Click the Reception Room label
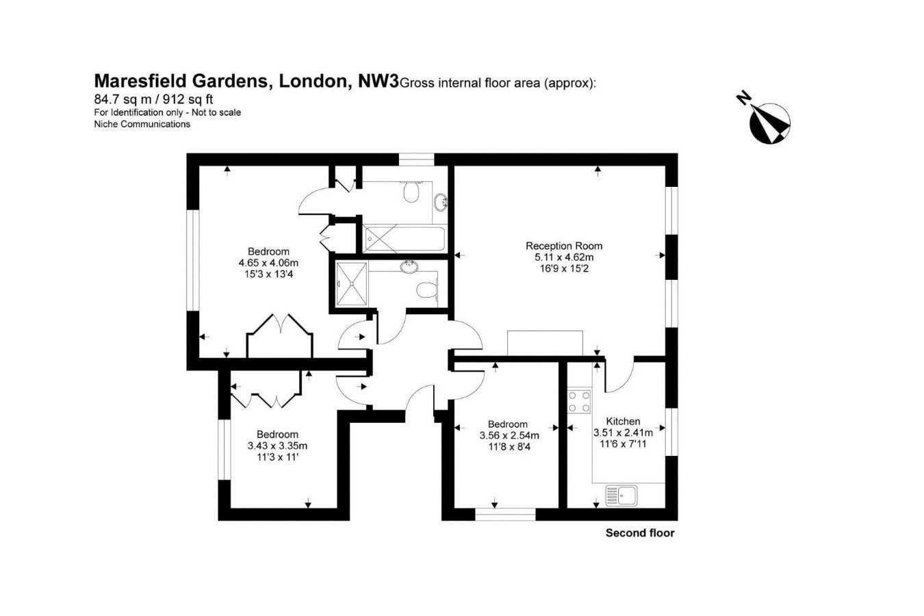coord(564,246)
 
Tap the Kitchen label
coord(623,421)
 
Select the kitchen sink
coord(621,496)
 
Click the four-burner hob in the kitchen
coord(579,402)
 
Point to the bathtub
coord(405,238)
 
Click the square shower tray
coord(351,284)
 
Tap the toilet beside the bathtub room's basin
coord(411,192)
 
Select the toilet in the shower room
coord(426,290)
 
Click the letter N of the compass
coord(743,98)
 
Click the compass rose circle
coord(770,123)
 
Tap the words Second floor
coord(640,533)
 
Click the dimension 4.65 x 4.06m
coord(268,263)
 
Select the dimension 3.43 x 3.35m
coord(277,446)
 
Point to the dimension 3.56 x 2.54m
coord(509,435)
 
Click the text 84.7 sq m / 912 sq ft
coord(153,99)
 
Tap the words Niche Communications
coord(142,124)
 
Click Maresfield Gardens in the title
coord(181,81)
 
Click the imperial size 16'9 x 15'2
coord(564,268)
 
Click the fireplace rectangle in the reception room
coord(545,343)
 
